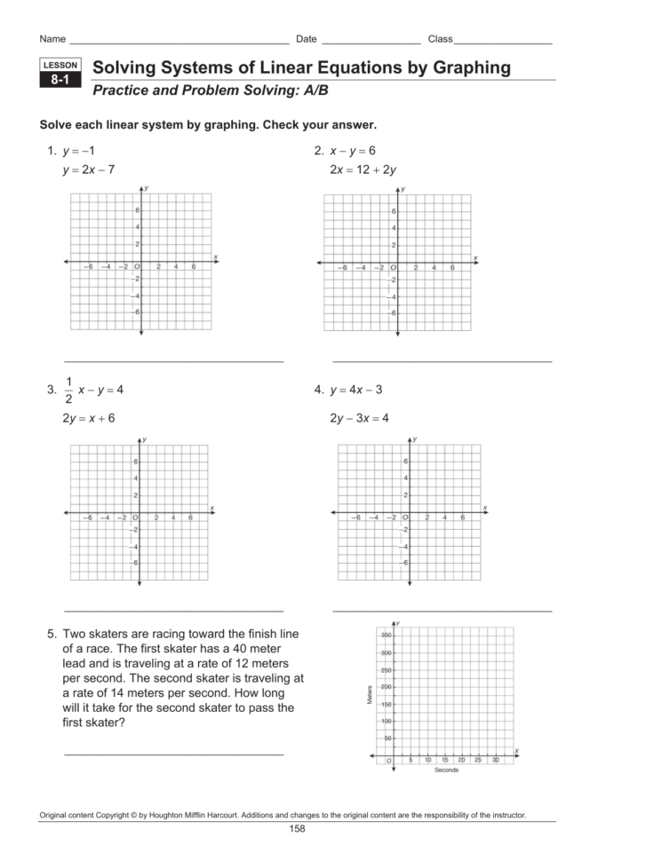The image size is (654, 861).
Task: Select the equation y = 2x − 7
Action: point(88,170)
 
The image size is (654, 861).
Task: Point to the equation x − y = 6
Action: point(353,150)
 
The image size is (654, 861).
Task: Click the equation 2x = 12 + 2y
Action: point(363,170)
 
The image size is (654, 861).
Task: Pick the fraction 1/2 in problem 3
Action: point(68,391)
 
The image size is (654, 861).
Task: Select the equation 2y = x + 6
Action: point(88,417)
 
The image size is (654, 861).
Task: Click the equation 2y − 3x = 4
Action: point(359,417)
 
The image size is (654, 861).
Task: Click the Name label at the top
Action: point(52,39)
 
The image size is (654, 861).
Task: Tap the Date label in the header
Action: point(307,39)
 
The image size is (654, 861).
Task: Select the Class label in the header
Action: point(441,39)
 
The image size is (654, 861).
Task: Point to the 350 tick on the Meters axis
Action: point(386,636)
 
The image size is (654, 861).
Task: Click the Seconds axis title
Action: point(446,770)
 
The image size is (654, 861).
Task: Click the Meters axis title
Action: point(369,695)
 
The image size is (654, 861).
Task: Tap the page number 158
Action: point(297,829)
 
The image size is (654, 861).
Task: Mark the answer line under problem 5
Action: point(174,754)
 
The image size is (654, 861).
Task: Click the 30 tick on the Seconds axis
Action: point(495,760)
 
